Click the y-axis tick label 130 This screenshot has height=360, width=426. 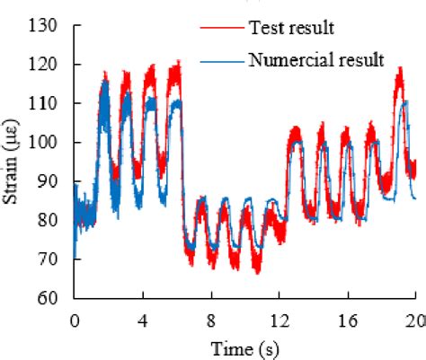click(47, 26)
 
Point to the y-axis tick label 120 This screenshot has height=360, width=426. click(47, 65)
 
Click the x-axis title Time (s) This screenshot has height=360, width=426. click(244, 347)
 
